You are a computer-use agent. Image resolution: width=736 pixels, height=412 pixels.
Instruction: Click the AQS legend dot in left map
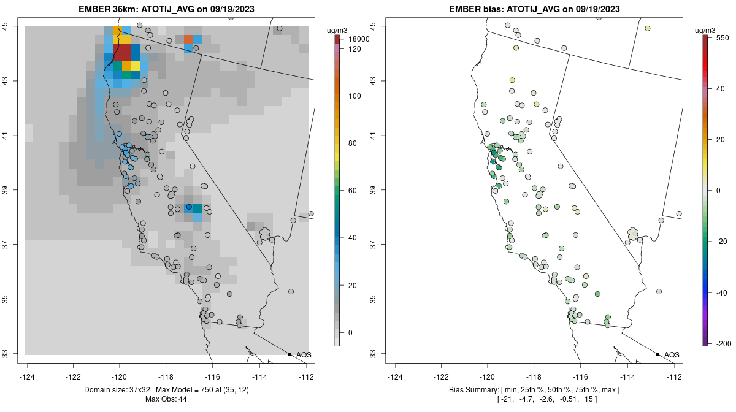click(x=289, y=354)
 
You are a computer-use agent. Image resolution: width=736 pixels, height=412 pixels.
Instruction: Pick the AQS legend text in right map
click(x=672, y=354)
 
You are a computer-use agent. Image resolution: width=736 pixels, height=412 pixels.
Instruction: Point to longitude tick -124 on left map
click(x=28, y=376)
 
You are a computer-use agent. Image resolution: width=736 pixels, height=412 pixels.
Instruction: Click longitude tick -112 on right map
click(x=674, y=376)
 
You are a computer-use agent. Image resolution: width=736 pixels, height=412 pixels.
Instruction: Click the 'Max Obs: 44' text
click(x=166, y=399)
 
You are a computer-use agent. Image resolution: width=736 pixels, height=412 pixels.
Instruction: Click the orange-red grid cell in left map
click(x=188, y=39)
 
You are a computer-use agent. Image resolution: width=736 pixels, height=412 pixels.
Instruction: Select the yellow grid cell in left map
click(x=136, y=66)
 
